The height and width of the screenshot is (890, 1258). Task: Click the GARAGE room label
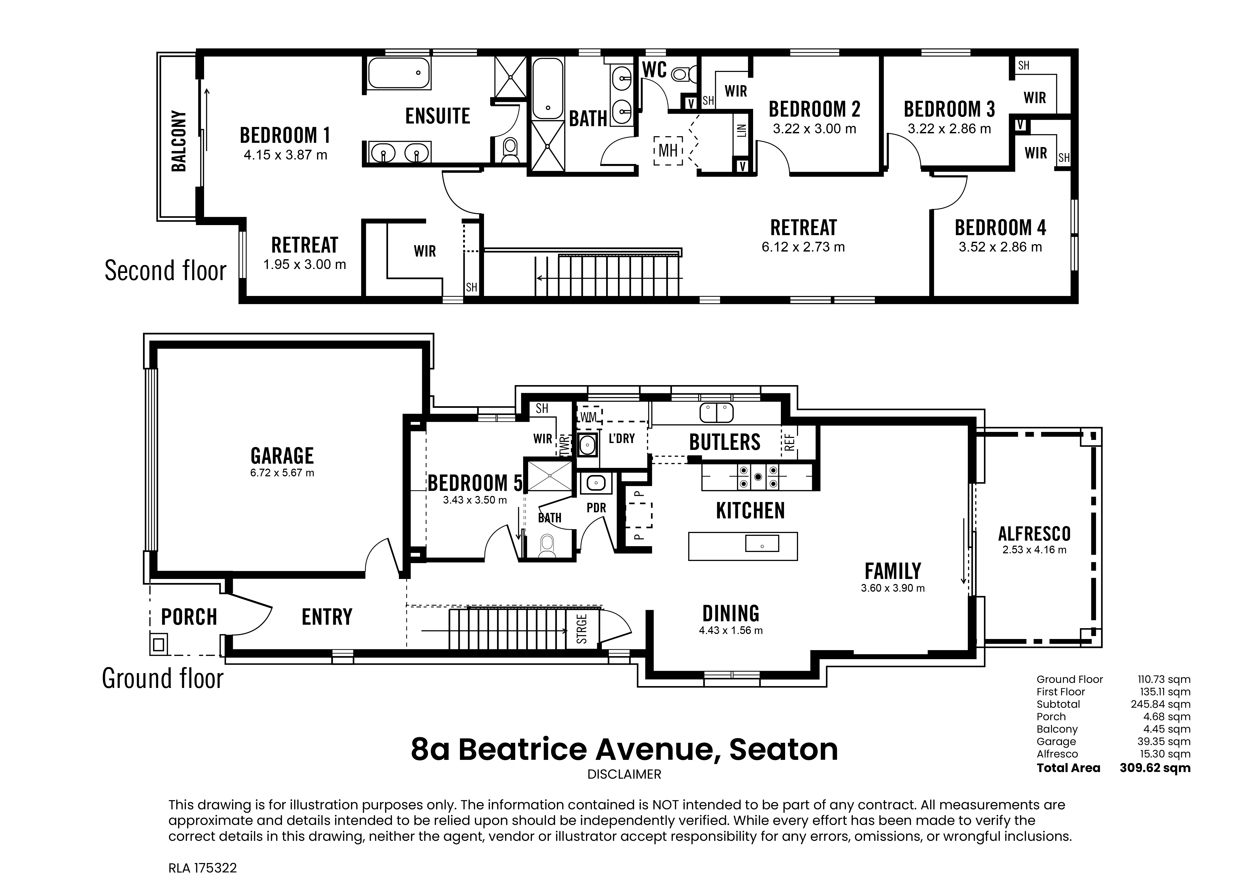click(282, 456)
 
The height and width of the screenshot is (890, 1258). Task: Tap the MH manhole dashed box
click(668, 150)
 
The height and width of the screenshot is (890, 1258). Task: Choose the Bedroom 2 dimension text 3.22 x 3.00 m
click(814, 129)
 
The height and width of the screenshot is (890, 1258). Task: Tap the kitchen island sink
click(762, 544)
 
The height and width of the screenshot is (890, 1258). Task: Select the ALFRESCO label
click(1034, 533)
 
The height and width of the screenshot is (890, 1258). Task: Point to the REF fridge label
click(790, 442)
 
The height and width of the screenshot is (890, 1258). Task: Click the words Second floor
click(165, 271)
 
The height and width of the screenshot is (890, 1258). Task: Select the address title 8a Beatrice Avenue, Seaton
click(624, 750)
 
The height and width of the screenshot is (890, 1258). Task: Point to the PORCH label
click(189, 617)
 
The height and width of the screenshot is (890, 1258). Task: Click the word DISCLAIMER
click(624, 774)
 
